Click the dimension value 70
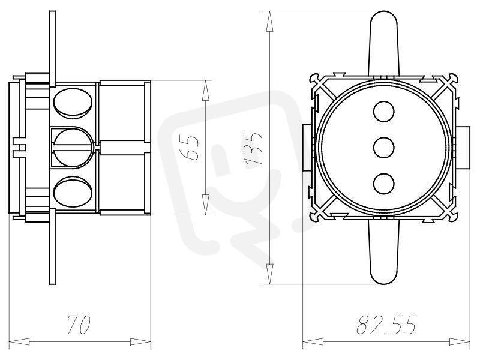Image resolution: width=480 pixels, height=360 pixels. (79, 325)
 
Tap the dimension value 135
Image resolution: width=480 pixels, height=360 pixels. (253, 148)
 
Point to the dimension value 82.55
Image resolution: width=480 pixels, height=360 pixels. (386, 325)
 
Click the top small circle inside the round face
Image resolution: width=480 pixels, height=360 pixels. (384, 112)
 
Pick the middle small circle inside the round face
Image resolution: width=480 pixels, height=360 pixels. (384, 148)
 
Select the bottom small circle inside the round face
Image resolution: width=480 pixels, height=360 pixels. (384, 184)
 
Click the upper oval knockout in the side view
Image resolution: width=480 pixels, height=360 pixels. (73, 103)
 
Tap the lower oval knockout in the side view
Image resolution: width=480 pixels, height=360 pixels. (73, 191)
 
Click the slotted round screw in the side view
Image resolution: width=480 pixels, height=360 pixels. (73, 148)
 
